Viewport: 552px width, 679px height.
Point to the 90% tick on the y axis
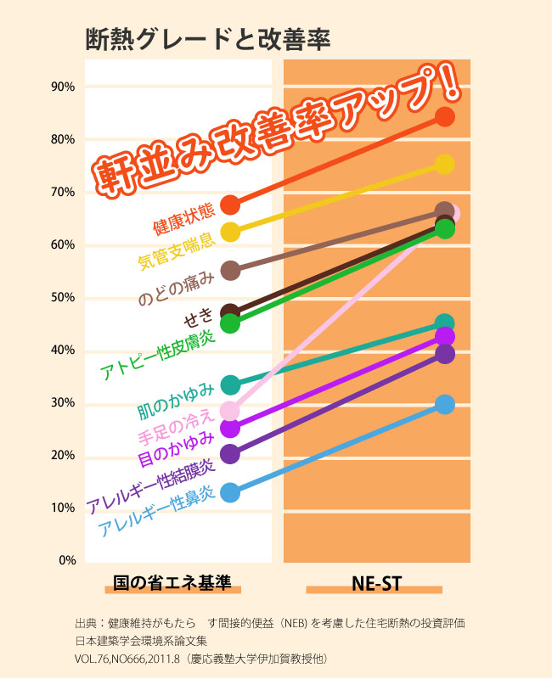(x=64, y=87)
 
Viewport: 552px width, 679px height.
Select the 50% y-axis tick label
(x=64, y=298)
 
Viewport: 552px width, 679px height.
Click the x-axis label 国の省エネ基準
(x=172, y=584)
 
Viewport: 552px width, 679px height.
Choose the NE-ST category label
(x=376, y=584)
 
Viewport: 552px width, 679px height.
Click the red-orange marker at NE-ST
(x=445, y=116)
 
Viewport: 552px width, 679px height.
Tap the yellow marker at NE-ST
(x=445, y=164)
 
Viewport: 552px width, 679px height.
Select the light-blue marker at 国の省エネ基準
(x=230, y=492)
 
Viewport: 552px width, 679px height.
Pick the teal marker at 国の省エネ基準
(x=230, y=385)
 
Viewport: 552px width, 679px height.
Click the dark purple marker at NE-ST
(x=445, y=353)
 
